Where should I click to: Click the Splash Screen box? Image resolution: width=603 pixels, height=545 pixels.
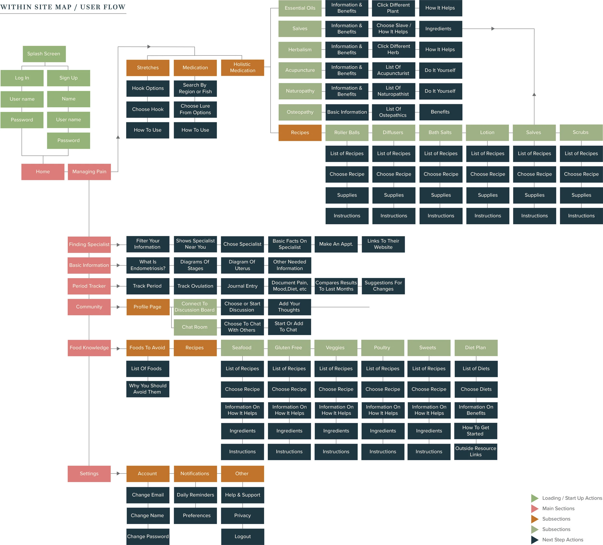pos(44,54)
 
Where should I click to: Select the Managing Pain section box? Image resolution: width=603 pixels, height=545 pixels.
pos(89,172)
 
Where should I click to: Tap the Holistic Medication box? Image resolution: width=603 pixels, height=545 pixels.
pos(242,68)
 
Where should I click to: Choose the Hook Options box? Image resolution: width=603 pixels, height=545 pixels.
pos(148,88)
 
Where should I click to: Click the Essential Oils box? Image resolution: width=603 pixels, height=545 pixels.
pos(300,8)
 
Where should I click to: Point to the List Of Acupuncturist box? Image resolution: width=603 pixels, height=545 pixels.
pos(393,70)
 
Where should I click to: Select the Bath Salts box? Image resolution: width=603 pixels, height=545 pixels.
pos(440,132)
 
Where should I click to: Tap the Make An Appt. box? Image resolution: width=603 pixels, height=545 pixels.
pos(336,244)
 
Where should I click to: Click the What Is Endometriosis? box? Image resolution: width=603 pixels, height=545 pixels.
pos(148,265)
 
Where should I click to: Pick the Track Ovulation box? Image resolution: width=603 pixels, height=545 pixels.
pos(195,286)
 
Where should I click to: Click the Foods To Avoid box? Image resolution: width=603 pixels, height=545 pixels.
pos(147,347)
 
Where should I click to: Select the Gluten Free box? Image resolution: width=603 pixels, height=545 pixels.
pos(289,347)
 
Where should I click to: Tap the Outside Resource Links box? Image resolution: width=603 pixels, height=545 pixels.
pos(476,451)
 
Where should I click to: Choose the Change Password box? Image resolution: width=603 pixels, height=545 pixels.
pos(148,536)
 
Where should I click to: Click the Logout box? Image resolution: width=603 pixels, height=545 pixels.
pos(243,536)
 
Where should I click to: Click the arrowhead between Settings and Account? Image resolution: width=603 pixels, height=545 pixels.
pos(118,474)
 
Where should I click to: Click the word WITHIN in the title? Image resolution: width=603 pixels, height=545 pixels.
pos(15,7)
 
